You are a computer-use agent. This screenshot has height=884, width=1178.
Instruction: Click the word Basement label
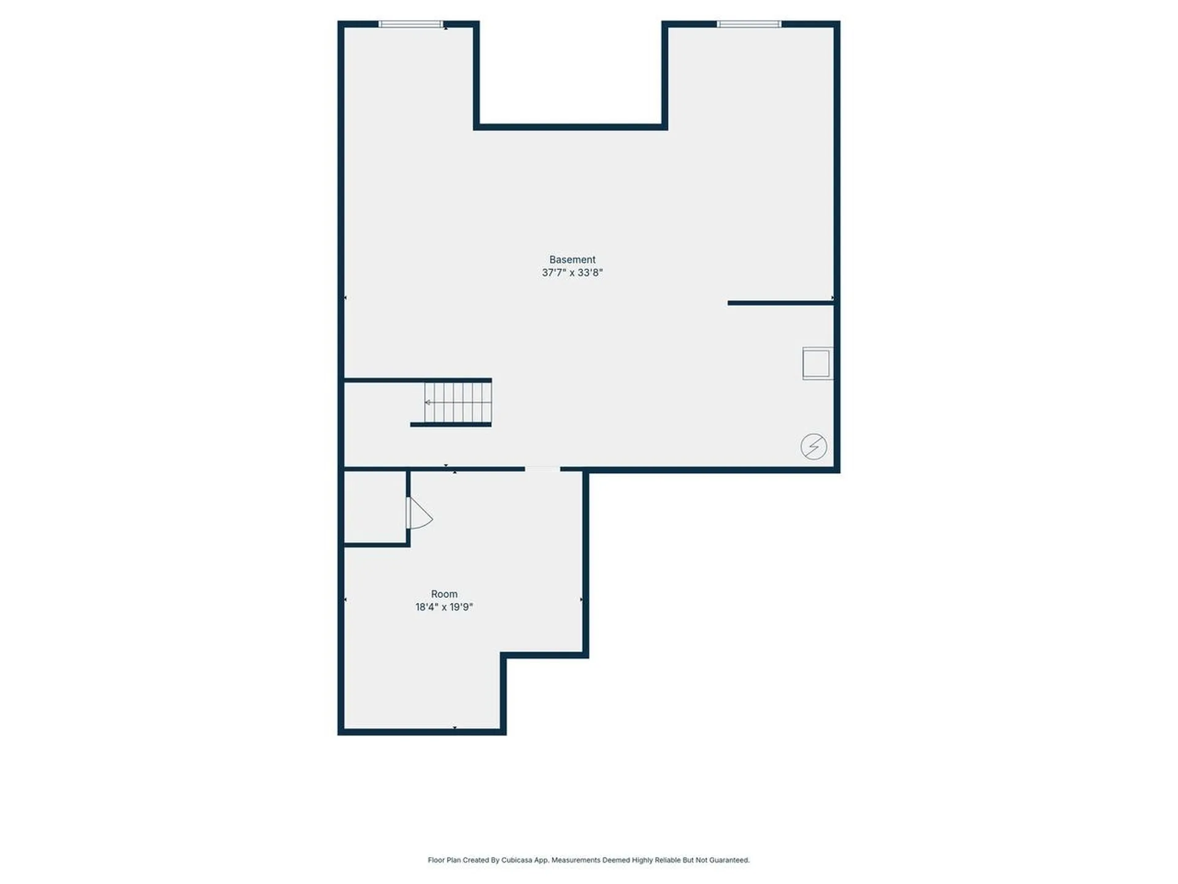point(572,260)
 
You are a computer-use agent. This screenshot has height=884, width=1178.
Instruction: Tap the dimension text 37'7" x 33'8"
point(572,273)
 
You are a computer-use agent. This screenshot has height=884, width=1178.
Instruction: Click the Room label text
point(444,594)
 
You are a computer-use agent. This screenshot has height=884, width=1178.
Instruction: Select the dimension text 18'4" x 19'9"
point(444,607)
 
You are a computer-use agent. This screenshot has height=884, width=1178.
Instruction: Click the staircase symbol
point(458,403)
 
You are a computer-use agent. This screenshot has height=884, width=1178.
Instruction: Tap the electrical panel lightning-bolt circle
point(814,446)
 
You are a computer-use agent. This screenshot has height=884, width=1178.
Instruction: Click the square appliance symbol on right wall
point(817,363)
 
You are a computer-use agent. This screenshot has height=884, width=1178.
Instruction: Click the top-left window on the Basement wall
point(410,24)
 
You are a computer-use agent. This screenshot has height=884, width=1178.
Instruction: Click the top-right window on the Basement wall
point(749,24)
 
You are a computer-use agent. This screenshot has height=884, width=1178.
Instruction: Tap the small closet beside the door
point(375,507)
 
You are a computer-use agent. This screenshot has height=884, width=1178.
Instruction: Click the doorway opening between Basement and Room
point(542,469)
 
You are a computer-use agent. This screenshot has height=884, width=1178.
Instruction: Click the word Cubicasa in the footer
point(517,860)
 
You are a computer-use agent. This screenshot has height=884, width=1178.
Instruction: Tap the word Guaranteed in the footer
point(729,860)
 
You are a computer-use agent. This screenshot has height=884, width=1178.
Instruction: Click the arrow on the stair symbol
point(428,403)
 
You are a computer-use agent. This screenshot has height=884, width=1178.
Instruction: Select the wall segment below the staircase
point(450,424)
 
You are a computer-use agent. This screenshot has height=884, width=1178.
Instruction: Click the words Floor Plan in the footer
point(444,860)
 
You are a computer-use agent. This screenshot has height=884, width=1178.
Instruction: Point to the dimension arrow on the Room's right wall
point(581,599)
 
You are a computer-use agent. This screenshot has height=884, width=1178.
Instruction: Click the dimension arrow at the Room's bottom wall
point(455,727)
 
